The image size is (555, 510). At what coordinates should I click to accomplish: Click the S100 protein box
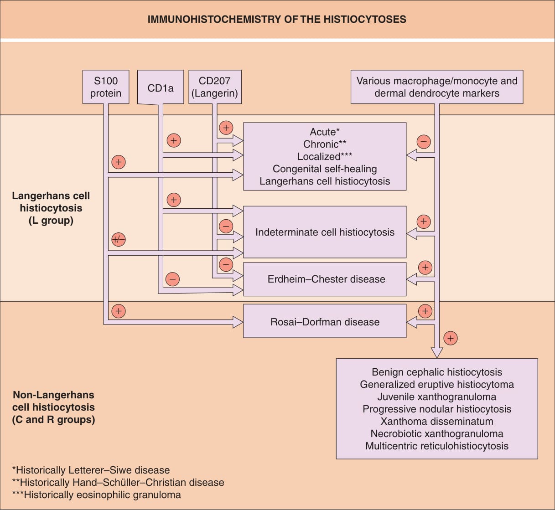point(106,87)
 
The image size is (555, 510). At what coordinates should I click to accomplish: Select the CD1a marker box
point(161,87)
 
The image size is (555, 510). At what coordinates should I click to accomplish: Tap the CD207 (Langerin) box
point(215,87)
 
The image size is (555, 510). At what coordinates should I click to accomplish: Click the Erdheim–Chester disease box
point(325,279)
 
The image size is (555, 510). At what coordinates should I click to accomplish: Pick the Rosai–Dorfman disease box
point(325,321)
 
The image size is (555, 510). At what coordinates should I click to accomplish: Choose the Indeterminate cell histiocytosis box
point(325,232)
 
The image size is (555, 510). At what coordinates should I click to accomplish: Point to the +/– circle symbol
point(119,240)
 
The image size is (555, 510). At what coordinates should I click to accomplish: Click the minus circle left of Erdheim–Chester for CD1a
point(172,279)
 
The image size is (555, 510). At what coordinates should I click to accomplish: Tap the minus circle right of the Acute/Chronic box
point(424,142)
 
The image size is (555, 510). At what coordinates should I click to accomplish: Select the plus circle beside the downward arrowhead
point(451,338)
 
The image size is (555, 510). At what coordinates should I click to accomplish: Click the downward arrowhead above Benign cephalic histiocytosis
point(437,353)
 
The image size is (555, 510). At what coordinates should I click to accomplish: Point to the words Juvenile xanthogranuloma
point(437,397)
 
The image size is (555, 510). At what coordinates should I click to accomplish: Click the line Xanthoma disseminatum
point(437,421)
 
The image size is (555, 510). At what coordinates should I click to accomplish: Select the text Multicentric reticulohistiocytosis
point(437,446)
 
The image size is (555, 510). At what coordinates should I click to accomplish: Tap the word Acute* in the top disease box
point(325,132)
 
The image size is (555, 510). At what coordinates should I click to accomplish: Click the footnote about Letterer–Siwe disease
point(91,470)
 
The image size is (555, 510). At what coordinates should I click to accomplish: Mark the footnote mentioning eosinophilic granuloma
point(97,495)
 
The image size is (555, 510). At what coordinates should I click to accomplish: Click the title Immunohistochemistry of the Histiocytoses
point(277,19)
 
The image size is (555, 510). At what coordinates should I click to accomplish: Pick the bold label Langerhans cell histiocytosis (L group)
point(51,208)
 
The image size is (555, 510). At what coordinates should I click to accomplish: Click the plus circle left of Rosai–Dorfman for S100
point(119,311)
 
